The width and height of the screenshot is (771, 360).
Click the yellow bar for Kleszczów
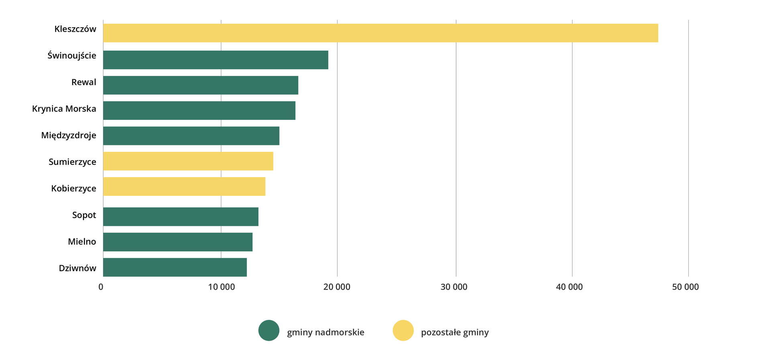tap(380, 33)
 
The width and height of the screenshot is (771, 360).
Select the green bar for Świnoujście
tap(216, 60)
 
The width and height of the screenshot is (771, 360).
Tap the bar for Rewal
tap(201, 85)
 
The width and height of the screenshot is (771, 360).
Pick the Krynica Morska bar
tap(199, 110)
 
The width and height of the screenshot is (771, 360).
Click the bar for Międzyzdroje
tap(191, 136)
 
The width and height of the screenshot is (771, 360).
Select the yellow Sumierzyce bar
tap(188, 161)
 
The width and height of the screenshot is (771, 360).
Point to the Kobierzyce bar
tap(184, 186)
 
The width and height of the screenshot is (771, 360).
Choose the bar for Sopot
tap(181, 217)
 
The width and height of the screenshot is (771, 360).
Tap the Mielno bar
tap(177, 242)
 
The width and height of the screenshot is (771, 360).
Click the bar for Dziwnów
tap(175, 267)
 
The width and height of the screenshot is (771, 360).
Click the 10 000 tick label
tap(221, 287)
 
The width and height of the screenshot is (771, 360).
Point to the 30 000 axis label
tap(454, 287)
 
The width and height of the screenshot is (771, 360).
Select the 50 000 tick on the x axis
tap(685, 287)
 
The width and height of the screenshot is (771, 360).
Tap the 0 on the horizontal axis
tap(101, 287)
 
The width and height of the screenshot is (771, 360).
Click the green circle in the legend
tap(269, 330)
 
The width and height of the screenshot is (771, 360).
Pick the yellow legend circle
tap(403, 330)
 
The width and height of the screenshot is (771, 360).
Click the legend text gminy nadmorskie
tap(326, 332)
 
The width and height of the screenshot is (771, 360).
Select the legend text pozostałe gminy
tap(455, 332)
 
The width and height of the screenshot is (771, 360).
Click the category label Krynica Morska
tap(64, 109)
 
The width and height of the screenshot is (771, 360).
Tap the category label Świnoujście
tap(72, 55)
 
